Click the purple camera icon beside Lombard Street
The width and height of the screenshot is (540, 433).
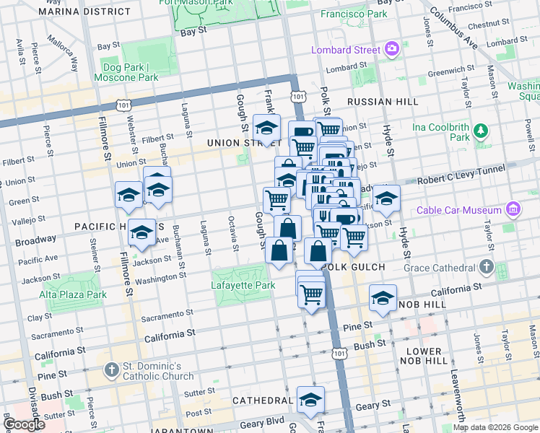click(392, 50)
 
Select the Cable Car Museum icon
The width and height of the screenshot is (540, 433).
click(513, 210)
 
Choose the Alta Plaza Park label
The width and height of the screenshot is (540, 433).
click(73, 294)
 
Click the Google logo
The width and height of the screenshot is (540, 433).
click(24, 424)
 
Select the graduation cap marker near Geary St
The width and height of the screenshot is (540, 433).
click(310, 399)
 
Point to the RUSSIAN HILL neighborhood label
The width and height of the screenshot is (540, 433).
click(382, 102)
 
